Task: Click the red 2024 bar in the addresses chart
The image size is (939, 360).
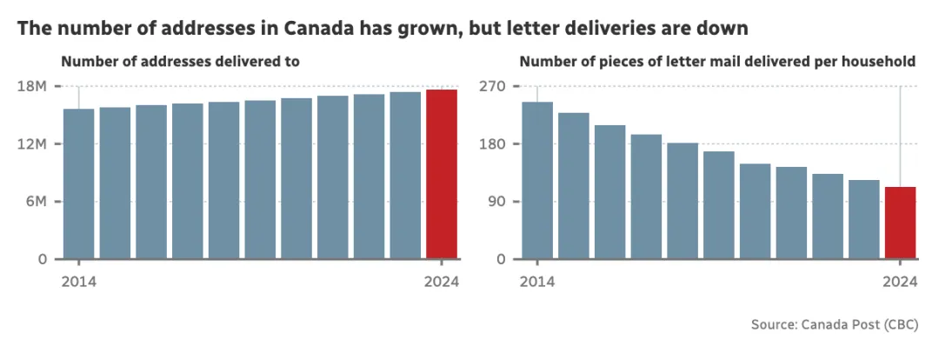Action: coord(442,174)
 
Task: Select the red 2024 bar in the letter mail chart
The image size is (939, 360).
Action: coord(900,223)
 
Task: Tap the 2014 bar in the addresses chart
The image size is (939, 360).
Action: coord(78,183)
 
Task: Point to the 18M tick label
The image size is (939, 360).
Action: coord(32,86)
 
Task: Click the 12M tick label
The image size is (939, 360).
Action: coord(32,143)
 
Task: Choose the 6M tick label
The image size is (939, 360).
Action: coord(36,202)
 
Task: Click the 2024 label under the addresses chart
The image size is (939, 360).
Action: coord(442,282)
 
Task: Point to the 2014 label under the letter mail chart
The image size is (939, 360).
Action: coord(537,282)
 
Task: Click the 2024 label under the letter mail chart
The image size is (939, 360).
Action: coord(900,282)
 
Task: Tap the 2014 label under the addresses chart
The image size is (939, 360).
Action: coord(78,282)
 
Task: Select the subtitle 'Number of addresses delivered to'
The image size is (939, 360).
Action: coord(180,62)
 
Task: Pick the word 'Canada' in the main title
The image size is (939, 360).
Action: coord(316,28)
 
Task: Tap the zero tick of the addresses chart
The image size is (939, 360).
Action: coord(42,259)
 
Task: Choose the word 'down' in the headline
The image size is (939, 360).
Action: coord(724,28)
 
